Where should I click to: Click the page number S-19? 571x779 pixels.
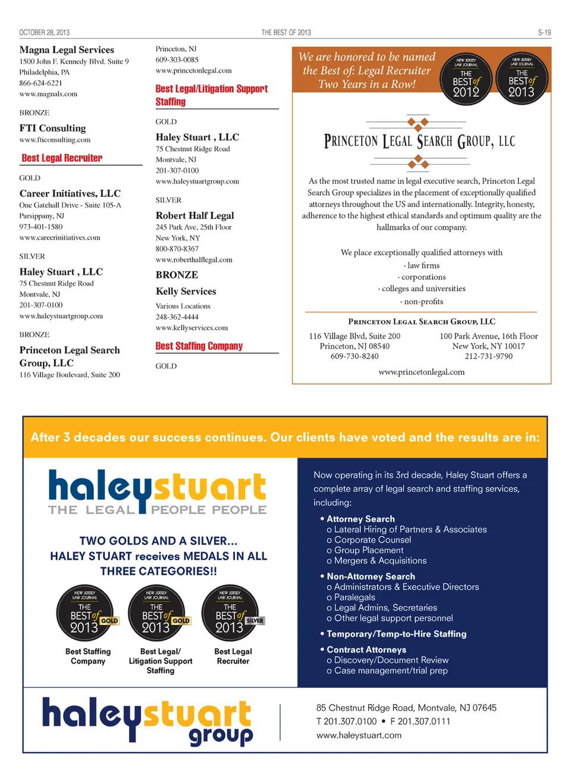coord(544,33)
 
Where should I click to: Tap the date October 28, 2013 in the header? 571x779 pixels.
coord(44,33)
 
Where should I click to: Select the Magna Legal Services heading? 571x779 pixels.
coord(67,50)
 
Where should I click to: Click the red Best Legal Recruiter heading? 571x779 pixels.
coord(62,158)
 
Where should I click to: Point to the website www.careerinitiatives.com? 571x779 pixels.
coord(59,237)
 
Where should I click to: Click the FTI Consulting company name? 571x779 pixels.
coord(52,128)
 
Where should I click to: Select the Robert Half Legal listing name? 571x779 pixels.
coord(194,215)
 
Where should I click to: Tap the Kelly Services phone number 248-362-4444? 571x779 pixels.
coord(177,317)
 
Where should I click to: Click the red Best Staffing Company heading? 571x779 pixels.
coord(199,346)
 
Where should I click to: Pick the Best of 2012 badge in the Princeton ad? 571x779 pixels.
coord(466,79)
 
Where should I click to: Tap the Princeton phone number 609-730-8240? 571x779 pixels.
coord(354,356)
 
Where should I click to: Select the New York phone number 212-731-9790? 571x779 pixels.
coord(488,356)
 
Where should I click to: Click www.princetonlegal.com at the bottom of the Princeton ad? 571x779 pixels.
coord(421,372)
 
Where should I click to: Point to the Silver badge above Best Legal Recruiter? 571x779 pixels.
coord(231,612)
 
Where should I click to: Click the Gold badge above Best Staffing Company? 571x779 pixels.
coord(87,612)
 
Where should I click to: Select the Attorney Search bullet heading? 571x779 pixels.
coord(360,519)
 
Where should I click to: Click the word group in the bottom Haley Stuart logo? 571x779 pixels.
coord(221,736)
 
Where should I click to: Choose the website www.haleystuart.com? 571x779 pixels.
coord(359,735)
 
